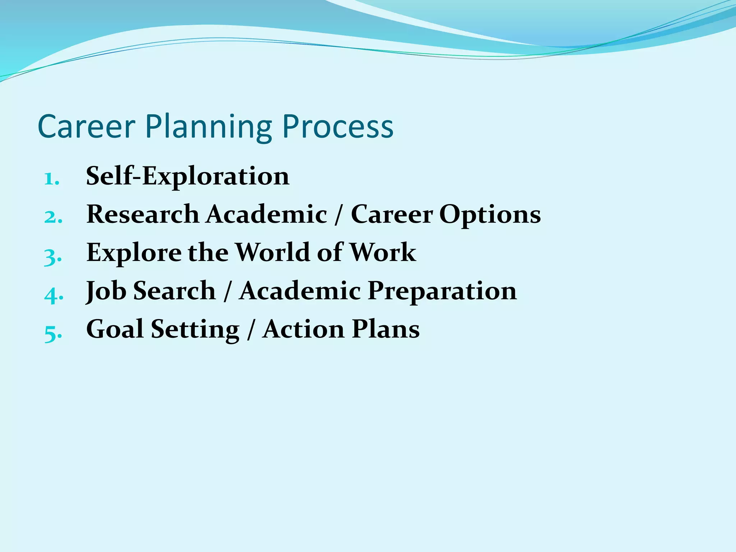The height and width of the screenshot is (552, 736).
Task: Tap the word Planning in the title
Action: click(x=208, y=128)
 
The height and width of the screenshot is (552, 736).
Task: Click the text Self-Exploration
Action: click(x=188, y=176)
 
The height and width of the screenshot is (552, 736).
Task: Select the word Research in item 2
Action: click(x=143, y=214)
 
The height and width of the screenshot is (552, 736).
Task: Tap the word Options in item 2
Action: click(x=490, y=215)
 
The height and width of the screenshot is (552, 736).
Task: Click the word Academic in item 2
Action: click(x=267, y=214)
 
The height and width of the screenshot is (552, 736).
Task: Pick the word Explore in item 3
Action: click(x=134, y=253)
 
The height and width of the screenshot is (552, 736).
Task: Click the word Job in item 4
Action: click(x=106, y=291)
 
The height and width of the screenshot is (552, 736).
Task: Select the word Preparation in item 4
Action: click(x=442, y=291)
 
